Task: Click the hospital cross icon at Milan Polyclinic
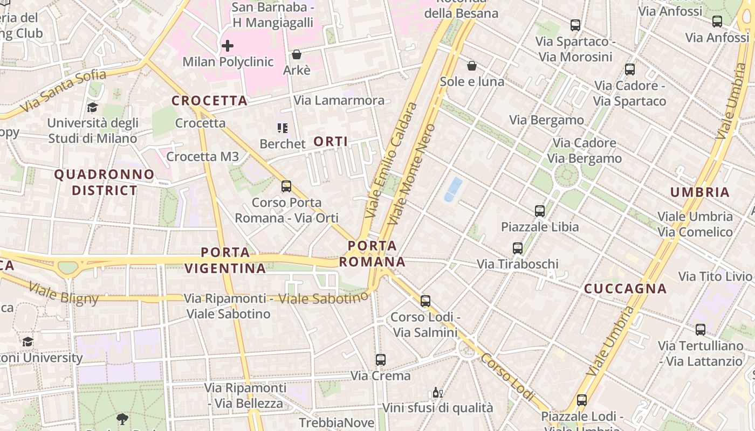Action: (x=228, y=46)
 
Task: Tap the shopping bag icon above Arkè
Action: (x=296, y=54)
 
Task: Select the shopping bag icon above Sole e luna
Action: (x=472, y=66)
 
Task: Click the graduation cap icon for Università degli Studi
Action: (x=92, y=107)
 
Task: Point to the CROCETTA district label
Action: (x=209, y=101)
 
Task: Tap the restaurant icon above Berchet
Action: (x=283, y=128)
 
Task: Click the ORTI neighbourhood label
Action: (x=331, y=142)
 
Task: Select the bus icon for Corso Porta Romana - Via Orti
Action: (x=286, y=186)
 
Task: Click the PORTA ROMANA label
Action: (x=372, y=254)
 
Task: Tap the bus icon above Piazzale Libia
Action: (x=540, y=211)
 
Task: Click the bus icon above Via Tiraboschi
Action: (x=518, y=248)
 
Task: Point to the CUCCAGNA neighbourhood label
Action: (x=626, y=289)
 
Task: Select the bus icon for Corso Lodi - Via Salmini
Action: (x=425, y=301)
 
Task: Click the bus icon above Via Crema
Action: (x=381, y=359)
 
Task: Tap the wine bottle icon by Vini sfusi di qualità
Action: (x=438, y=393)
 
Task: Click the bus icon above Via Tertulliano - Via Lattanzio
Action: (x=701, y=330)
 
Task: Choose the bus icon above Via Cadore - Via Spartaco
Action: (x=629, y=69)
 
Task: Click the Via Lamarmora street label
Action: (x=339, y=100)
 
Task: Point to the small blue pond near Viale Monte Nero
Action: (x=453, y=189)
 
